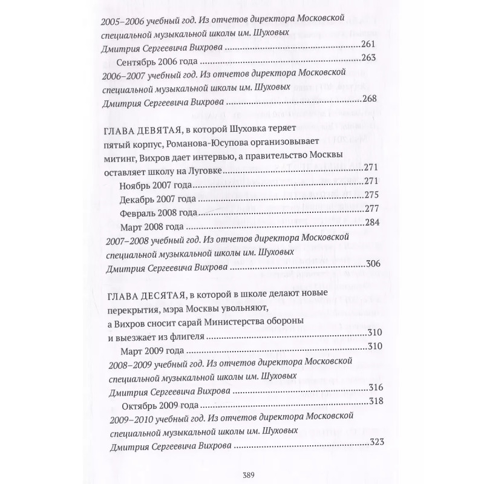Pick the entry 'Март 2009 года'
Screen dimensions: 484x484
pyautogui.click(x=149, y=349)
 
